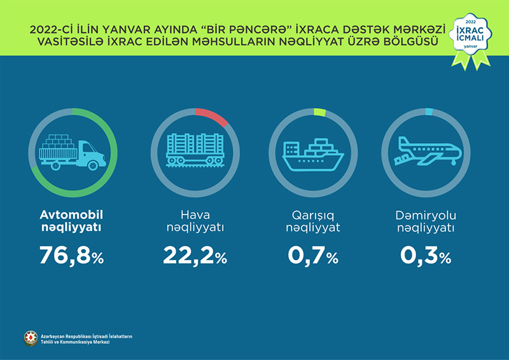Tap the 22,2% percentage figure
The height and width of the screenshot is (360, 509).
(195, 256)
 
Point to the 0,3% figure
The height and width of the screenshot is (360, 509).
(426, 256)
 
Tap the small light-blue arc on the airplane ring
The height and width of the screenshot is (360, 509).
(429, 112)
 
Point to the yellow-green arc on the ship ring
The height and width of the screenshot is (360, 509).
(319, 113)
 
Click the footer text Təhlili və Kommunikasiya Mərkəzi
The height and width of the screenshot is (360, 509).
(76, 342)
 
